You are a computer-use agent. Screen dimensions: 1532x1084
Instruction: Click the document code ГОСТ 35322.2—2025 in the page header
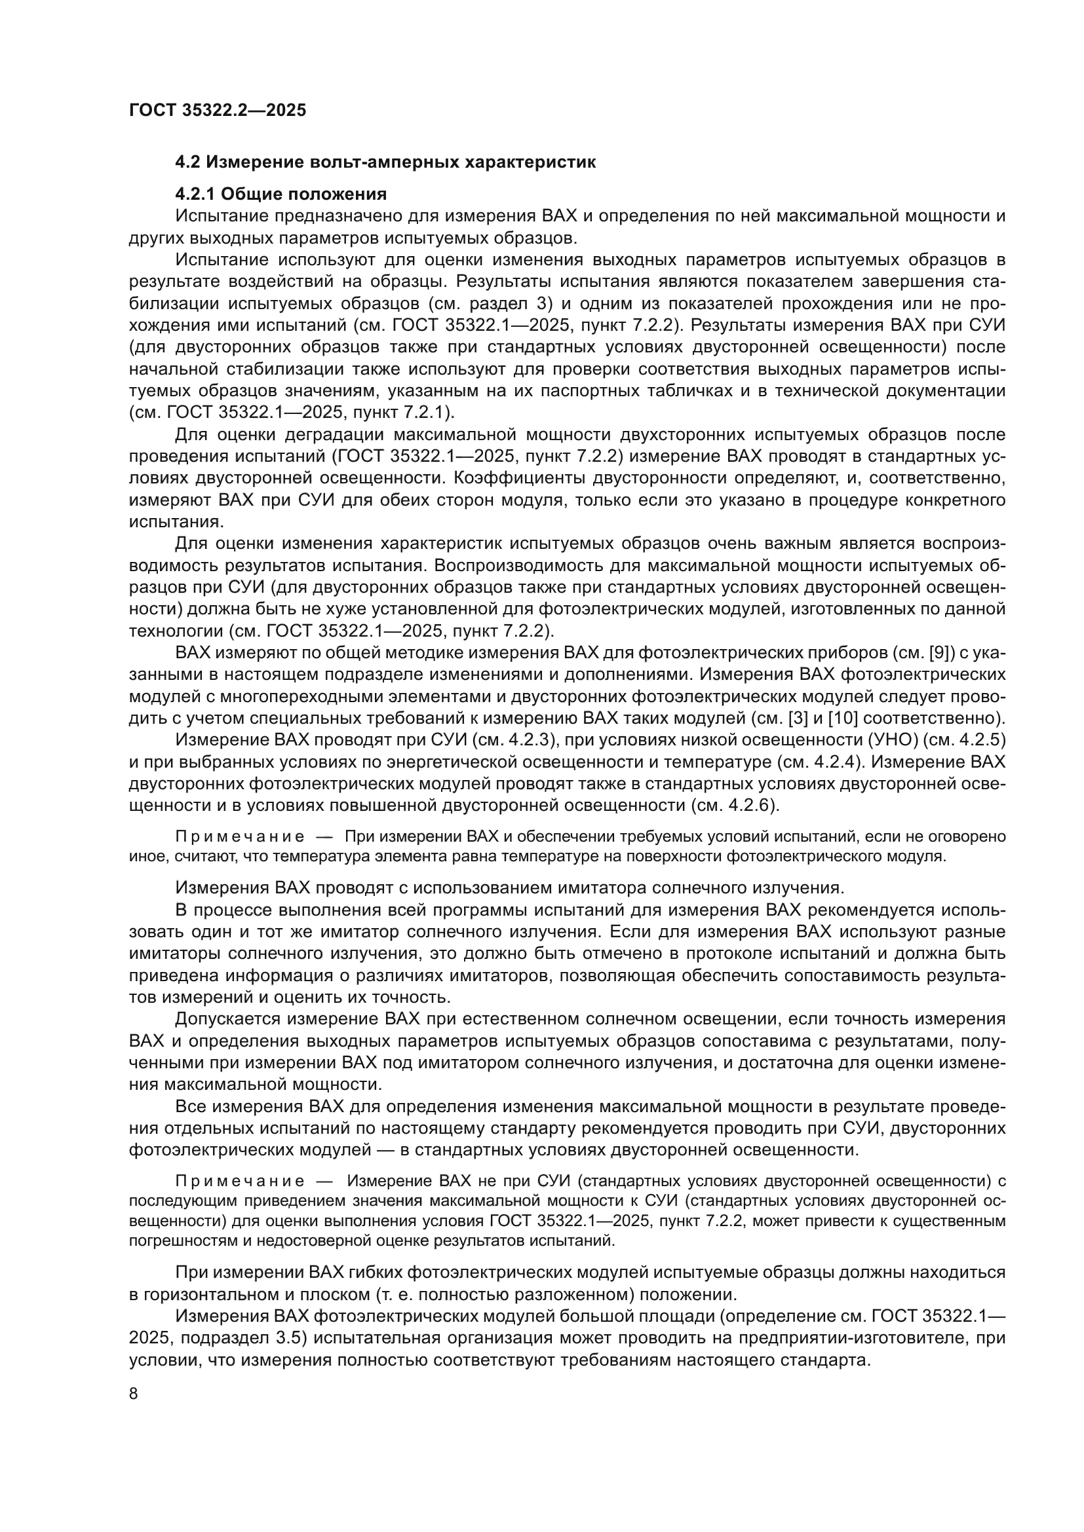[x=218, y=110]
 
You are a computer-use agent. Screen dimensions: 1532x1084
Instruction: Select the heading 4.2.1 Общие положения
[x=281, y=194]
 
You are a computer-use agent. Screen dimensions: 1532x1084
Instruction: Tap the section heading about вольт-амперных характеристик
[x=385, y=162]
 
